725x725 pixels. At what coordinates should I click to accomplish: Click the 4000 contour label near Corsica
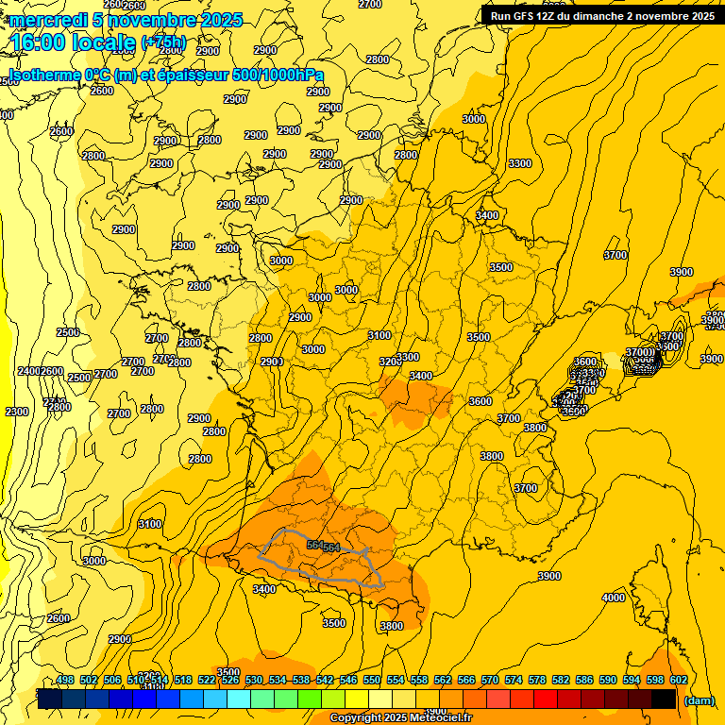pos(614,598)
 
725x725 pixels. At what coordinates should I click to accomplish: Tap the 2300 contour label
pos(17,412)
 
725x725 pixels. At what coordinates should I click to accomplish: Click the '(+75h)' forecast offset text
pos(163,42)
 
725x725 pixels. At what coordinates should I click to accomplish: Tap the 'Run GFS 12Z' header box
pos(601,16)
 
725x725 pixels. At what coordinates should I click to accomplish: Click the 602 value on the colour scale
pos(678,680)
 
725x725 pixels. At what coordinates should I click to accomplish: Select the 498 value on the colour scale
pos(65,680)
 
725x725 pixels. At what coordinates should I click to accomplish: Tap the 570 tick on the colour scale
pos(489,680)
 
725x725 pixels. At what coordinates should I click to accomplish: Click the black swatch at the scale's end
pos(664,699)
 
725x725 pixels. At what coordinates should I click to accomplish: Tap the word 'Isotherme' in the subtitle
pos(44,75)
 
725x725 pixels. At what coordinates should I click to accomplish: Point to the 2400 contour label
pos(28,371)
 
